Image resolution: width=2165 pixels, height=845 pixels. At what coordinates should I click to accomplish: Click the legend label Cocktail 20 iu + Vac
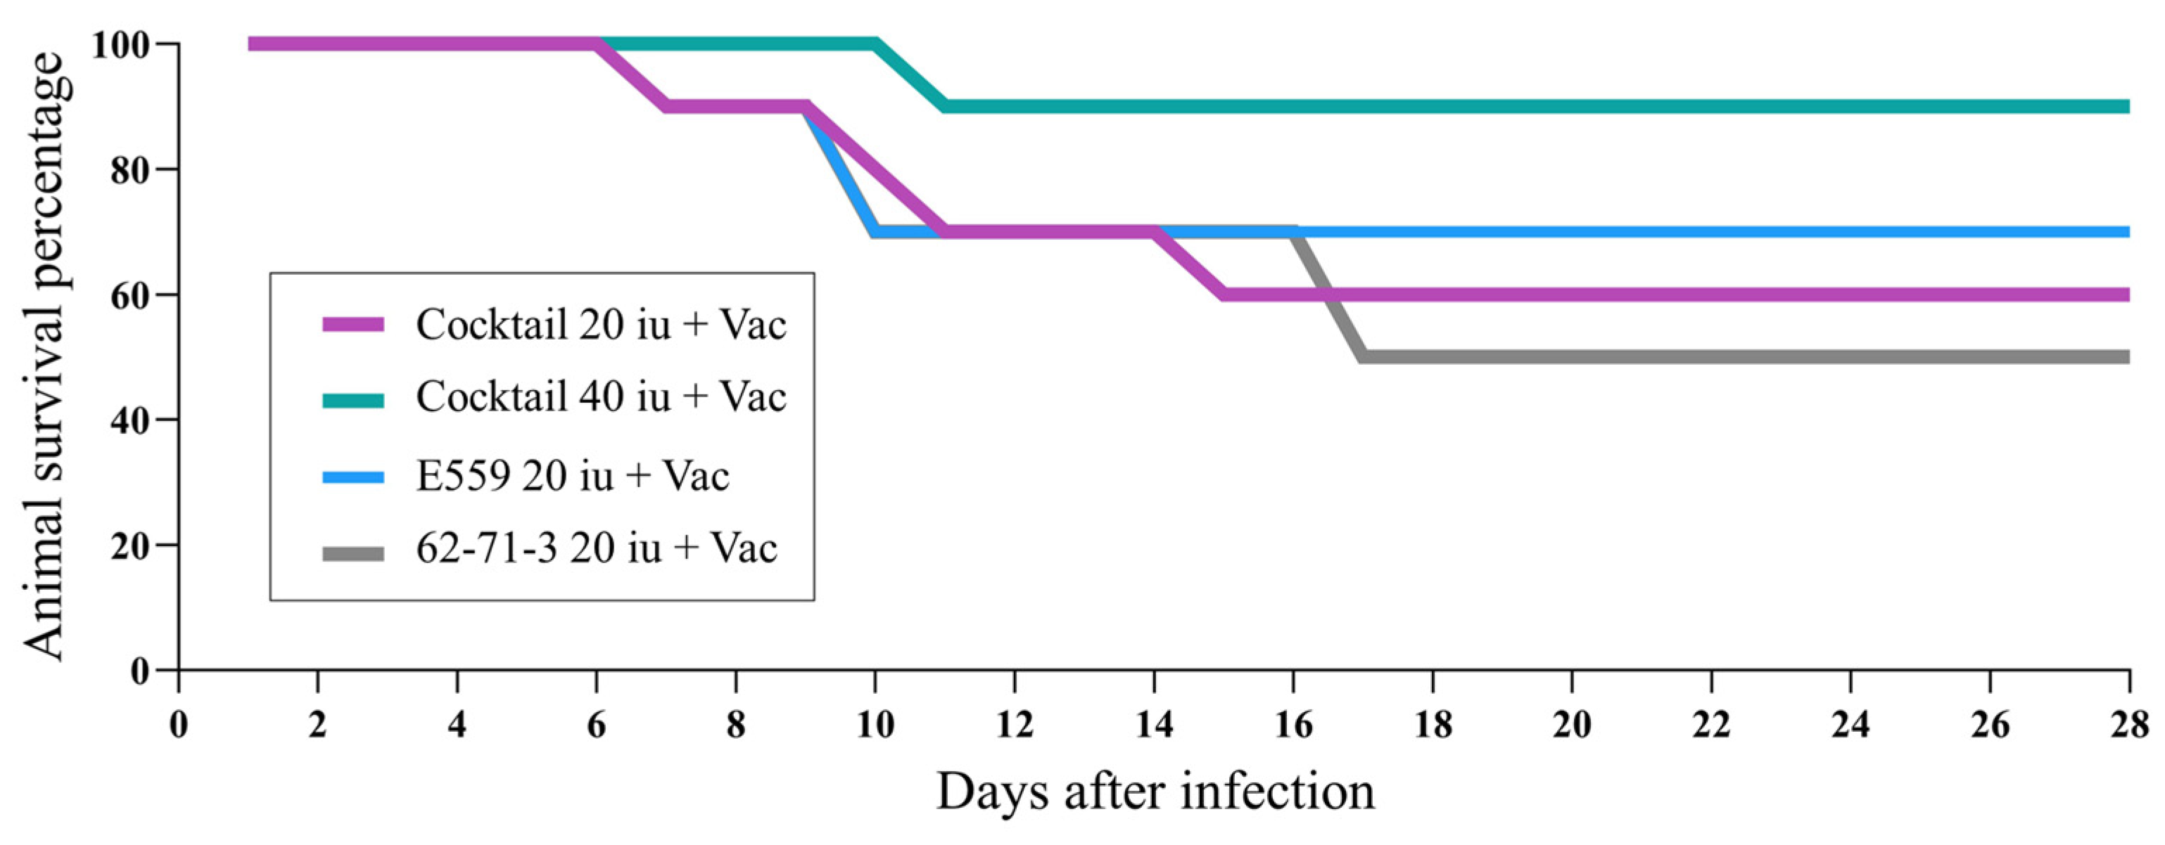click(x=601, y=324)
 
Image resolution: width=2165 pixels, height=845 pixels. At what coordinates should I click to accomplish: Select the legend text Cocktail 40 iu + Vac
click(x=601, y=396)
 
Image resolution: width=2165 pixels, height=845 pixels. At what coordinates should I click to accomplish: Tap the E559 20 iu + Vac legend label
click(x=572, y=476)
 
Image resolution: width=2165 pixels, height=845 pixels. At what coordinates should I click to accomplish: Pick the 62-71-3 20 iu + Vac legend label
click(x=596, y=548)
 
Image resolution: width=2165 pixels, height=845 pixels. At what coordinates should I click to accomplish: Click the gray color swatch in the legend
click(x=354, y=553)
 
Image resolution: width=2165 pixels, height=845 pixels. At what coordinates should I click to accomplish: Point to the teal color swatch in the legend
click(x=354, y=401)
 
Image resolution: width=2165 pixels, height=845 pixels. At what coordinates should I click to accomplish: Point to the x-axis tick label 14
click(x=1154, y=724)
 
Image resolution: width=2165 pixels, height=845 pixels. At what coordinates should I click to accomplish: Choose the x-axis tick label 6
click(x=596, y=724)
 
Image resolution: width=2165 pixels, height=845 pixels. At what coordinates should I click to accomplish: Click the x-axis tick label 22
click(x=1711, y=724)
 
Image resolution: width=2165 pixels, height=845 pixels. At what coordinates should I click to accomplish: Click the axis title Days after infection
click(x=1155, y=792)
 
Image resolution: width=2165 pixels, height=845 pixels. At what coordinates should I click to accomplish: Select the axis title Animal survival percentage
click(x=44, y=357)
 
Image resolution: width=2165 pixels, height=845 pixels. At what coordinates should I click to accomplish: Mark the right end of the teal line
click(x=2126, y=107)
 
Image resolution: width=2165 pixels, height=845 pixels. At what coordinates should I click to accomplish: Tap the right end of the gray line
click(x=2126, y=357)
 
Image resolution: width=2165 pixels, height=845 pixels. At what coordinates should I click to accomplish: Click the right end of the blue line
click(x=2126, y=232)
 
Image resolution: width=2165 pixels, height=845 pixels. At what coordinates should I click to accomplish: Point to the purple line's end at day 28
click(x=2126, y=295)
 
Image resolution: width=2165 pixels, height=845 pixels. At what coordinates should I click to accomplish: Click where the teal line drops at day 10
click(x=876, y=44)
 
